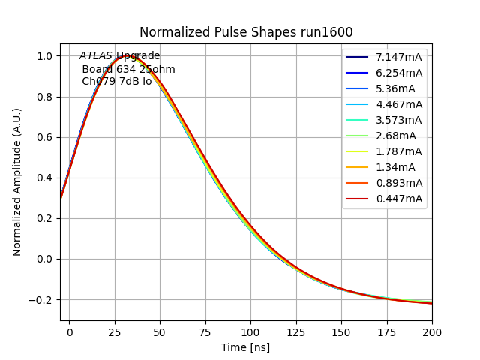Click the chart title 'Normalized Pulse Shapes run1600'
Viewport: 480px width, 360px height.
246,32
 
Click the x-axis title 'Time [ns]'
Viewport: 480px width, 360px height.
245,347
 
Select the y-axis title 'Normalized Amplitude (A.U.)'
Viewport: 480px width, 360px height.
17,181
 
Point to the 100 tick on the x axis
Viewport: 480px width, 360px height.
250,330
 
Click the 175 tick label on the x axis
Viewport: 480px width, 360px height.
386,330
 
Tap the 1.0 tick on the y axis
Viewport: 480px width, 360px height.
44,56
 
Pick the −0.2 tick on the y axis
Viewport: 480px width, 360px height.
41,299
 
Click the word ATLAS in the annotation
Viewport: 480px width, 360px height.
96,55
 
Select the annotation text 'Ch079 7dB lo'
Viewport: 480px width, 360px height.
117,81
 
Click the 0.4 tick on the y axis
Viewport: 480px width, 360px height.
44,178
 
